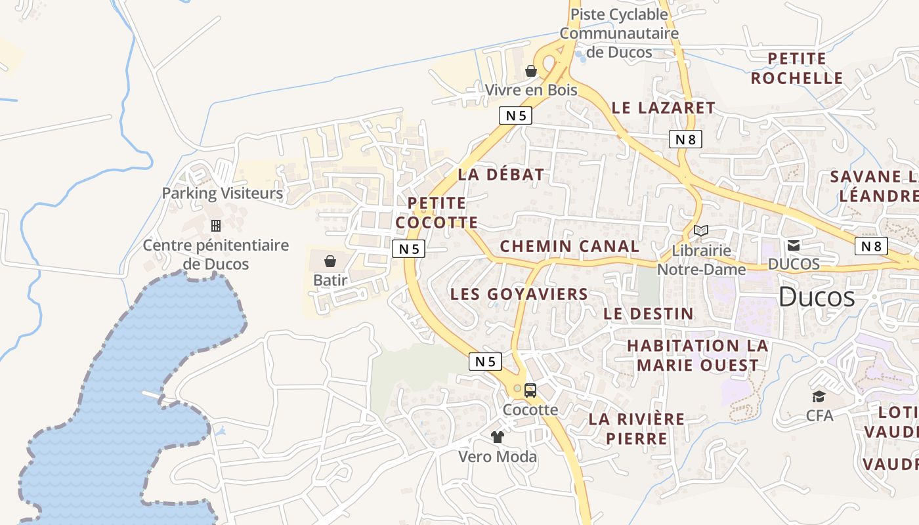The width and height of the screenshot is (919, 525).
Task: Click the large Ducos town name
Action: (x=817, y=297)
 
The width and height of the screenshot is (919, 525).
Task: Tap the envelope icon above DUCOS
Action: (x=794, y=245)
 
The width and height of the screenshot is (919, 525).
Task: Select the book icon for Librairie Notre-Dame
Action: (x=701, y=231)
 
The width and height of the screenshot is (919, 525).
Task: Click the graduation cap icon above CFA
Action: (x=819, y=396)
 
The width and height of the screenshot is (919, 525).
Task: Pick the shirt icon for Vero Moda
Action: (x=497, y=436)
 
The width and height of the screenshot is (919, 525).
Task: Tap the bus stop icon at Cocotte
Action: (x=530, y=390)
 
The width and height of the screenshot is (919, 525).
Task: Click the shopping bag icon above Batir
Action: (x=330, y=261)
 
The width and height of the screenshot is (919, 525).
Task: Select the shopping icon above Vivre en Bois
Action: (x=531, y=71)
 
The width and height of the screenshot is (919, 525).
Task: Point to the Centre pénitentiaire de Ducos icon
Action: (x=215, y=226)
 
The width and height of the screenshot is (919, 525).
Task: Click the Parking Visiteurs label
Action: (x=223, y=194)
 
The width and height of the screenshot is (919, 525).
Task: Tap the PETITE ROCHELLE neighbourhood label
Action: (x=797, y=68)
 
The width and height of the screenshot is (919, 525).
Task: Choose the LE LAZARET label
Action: (x=663, y=108)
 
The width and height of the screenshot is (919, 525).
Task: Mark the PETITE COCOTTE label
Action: (x=437, y=213)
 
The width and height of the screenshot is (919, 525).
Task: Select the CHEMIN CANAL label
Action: (x=569, y=247)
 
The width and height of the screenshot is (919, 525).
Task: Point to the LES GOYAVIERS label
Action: (x=519, y=294)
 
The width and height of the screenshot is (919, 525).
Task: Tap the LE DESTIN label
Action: (x=649, y=314)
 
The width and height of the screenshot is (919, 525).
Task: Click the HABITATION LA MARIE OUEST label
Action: (x=697, y=355)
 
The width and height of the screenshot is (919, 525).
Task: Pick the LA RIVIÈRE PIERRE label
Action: (x=636, y=429)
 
